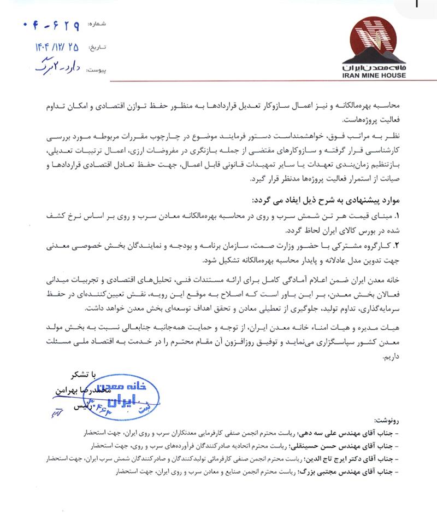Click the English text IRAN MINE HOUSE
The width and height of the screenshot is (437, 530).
click(378, 75)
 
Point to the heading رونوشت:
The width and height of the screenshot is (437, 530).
click(418, 421)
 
